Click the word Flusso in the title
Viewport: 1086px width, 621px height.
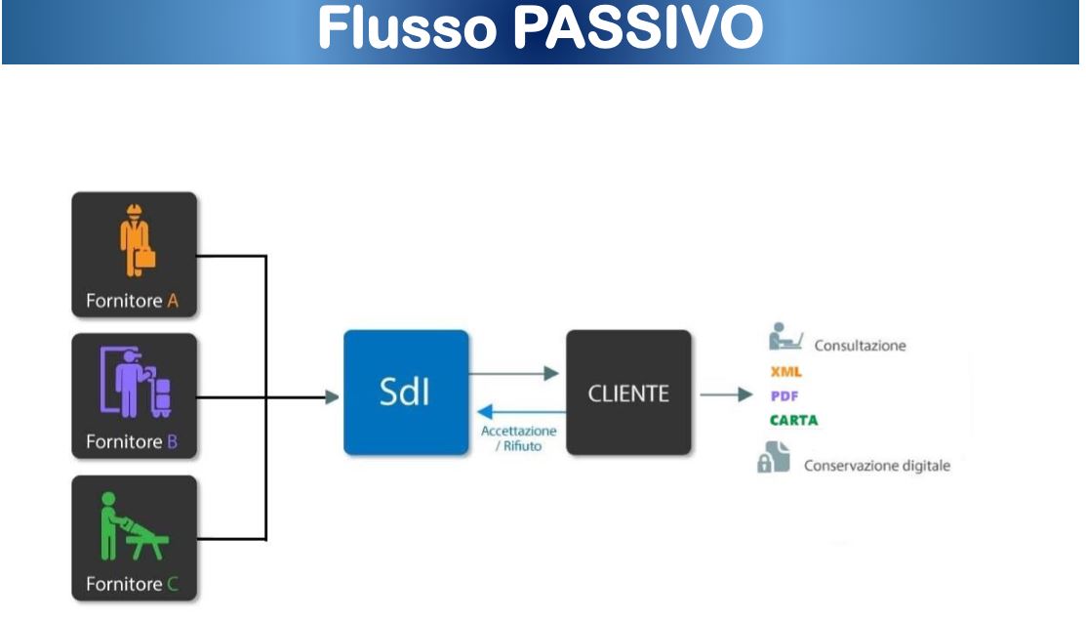pos(409,29)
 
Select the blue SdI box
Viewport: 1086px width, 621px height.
pos(406,393)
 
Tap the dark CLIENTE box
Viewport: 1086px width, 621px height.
pos(628,393)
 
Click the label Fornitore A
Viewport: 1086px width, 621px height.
pos(132,301)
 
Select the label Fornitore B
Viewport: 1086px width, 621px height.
pos(132,442)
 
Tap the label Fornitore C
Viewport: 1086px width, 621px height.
pos(132,585)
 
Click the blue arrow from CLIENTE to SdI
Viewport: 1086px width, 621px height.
pos(517,411)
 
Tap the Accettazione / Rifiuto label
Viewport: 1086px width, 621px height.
pos(518,438)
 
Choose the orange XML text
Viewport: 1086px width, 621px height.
pos(785,372)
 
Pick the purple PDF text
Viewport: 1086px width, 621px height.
pos(784,396)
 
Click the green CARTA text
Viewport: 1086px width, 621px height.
pos(793,421)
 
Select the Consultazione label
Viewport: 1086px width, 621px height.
pos(860,346)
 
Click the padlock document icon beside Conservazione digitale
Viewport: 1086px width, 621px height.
pos(773,458)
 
